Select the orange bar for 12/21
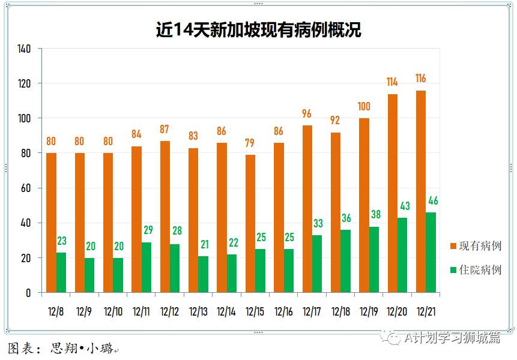(421, 192)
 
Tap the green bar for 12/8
(61, 273)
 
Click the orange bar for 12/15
(250, 224)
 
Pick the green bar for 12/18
(346, 262)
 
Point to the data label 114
(392, 82)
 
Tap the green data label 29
(147, 230)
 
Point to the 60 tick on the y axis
(26, 188)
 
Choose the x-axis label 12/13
(198, 312)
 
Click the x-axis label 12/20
(397, 312)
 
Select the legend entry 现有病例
(480, 246)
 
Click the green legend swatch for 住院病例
(453, 270)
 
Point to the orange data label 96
(307, 113)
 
